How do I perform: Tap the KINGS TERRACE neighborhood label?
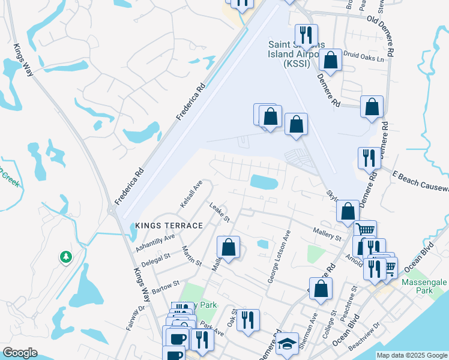coord(169,225)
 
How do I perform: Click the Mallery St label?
coord(327,233)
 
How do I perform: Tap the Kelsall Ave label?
coord(192,194)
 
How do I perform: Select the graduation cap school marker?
coord(288,345)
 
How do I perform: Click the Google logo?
coord(20,353)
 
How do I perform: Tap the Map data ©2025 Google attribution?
coord(412,355)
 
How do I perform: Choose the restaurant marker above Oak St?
coord(248,320)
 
